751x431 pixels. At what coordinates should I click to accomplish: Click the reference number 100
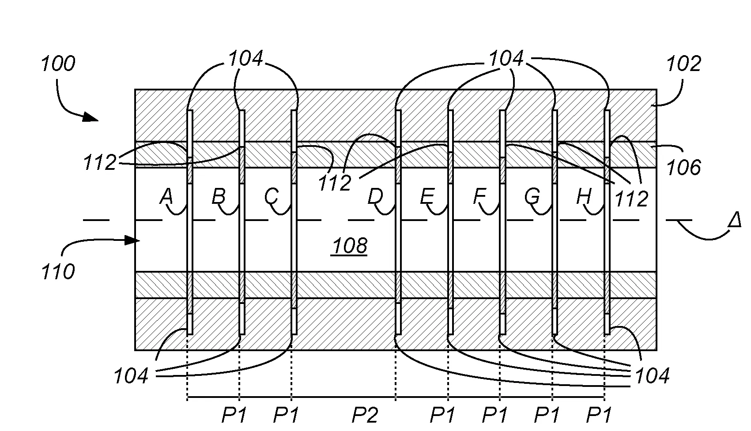58,64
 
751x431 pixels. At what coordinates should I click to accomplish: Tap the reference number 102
683,64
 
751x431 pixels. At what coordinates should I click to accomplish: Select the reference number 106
683,168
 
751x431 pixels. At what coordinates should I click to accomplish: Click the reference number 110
58,271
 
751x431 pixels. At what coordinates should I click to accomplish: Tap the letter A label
166,196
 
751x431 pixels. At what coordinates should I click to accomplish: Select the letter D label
375,196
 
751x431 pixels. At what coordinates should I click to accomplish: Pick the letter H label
584,196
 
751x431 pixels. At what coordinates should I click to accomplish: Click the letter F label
479,196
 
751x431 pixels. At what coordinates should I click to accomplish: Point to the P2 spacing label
365,415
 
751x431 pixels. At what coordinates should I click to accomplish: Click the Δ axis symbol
734,220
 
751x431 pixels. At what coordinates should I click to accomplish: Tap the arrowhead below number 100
91,117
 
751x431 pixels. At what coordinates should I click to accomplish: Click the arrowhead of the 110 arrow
132,240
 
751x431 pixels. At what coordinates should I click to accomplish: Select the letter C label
271,196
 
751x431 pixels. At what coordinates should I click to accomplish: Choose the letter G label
532,196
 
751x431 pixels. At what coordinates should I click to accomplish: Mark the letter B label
219,196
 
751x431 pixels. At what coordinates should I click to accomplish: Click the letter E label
427,196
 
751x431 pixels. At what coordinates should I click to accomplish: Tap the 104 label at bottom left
131,376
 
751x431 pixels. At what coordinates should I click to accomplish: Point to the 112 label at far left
100,163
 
